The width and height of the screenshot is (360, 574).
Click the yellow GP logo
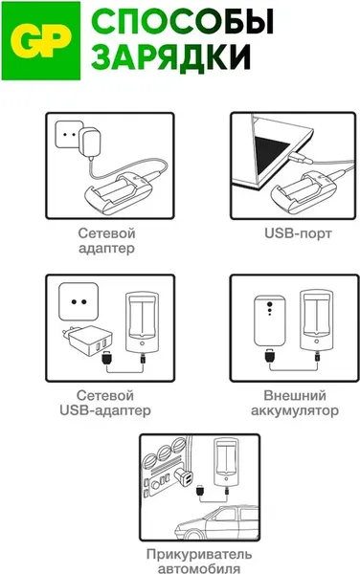[40, 40]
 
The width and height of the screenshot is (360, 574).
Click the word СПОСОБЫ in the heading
[182, 23]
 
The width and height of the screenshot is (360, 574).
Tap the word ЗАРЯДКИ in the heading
[170, 56]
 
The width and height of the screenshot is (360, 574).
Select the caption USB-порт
[298, 233]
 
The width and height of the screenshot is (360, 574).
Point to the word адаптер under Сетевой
[106, 249]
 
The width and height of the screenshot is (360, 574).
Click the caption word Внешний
[295, 395]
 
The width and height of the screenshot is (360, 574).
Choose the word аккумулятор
[295, 410]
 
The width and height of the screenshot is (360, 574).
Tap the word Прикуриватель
[199, 554]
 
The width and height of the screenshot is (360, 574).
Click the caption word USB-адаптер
[105, 410]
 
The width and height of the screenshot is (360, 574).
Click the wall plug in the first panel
[90, 143]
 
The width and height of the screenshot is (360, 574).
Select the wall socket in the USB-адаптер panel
[79, 302]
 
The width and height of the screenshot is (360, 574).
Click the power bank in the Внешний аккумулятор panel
[270, 321]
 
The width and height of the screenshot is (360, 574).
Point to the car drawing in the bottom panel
[216, 522]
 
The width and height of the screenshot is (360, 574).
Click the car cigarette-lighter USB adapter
[184, 477]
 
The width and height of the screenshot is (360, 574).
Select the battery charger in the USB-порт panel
[304, 192]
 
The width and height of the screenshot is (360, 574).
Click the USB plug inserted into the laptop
[300, 158]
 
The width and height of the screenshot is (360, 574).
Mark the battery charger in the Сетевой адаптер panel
[118, 192]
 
